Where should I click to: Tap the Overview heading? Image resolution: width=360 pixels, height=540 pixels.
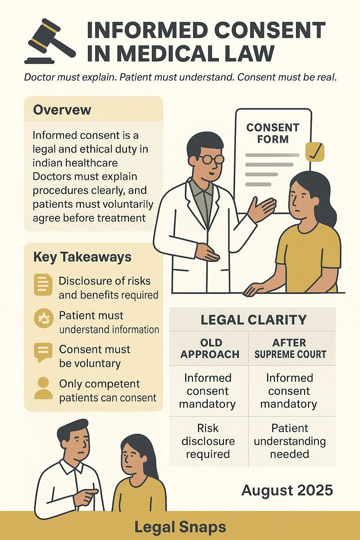point(62,110)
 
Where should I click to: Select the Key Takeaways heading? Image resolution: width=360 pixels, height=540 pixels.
point(82,257)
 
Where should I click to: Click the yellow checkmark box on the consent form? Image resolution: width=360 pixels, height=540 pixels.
point(315,152)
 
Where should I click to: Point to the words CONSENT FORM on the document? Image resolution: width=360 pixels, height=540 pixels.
point(272,133)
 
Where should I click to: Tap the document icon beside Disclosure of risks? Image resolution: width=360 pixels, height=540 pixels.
point(43,284)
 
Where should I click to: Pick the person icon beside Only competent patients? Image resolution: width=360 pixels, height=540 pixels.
point(43,388)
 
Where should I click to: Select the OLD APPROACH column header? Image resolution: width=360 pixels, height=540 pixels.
point(210,348)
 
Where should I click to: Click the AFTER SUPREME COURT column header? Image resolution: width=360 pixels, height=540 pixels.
point(290,348)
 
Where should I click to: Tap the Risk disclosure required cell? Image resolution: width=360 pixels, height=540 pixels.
point(208,441)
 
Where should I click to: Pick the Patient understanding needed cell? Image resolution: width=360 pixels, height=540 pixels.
point(290,441)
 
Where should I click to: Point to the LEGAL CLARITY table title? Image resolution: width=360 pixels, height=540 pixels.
point(253,320)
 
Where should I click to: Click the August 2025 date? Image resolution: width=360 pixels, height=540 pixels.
point(287,490)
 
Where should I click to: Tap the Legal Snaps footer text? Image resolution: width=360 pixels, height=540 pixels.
point(180,527)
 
